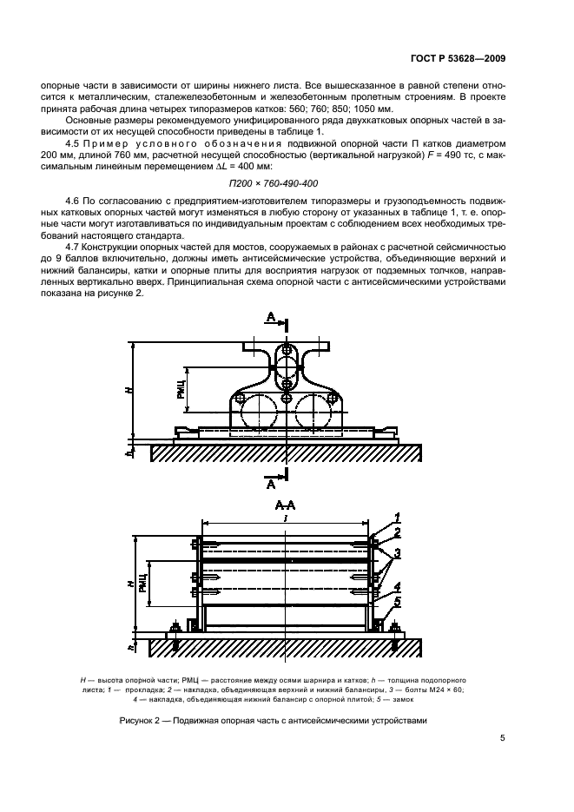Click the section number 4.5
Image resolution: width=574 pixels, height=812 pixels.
coord(74,141)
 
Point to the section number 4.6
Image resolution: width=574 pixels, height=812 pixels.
coord(74,201)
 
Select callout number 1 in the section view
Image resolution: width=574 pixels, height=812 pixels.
coord(398,518)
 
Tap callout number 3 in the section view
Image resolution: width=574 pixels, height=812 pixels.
coord(398,553)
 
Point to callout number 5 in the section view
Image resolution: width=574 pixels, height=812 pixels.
coord(398,601)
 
